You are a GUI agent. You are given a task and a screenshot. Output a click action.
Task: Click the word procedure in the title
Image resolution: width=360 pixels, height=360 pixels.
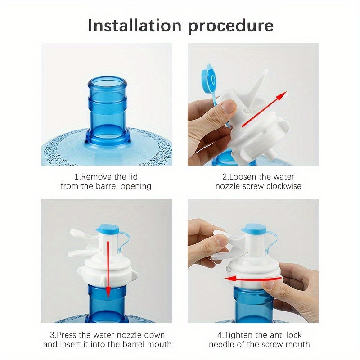pos(231,26)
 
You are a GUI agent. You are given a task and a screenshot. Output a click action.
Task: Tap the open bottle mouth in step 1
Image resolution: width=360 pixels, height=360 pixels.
pos(107,83)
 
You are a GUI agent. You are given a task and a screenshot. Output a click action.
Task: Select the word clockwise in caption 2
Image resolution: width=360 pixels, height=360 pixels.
pos(284,186)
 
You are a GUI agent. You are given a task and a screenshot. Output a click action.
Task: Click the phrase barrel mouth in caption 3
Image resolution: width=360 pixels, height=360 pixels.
pos(148,344)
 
